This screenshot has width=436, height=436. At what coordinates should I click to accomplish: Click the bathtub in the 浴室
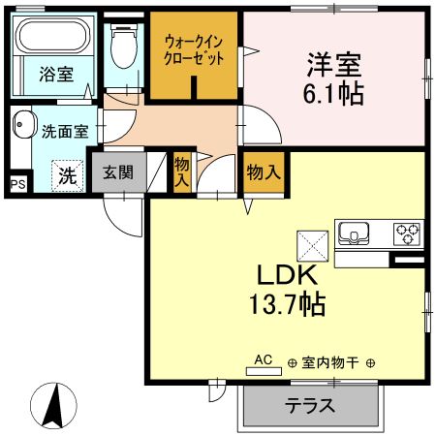point(54,42)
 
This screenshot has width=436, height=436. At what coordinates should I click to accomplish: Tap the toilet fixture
point(123,44)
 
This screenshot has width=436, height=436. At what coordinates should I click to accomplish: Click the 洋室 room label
point(334,66)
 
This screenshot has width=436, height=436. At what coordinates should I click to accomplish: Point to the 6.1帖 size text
point(334,95)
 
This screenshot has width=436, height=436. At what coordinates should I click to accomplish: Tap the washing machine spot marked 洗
point(67,175)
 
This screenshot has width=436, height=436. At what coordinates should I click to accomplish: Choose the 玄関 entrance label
point(119,173)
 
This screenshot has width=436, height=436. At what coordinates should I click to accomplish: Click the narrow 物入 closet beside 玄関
point(181,171)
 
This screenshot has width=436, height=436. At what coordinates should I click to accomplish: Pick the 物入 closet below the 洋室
point(264,172)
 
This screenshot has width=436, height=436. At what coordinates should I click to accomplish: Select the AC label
point(263,358)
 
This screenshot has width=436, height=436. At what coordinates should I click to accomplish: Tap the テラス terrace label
point(309,405)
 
